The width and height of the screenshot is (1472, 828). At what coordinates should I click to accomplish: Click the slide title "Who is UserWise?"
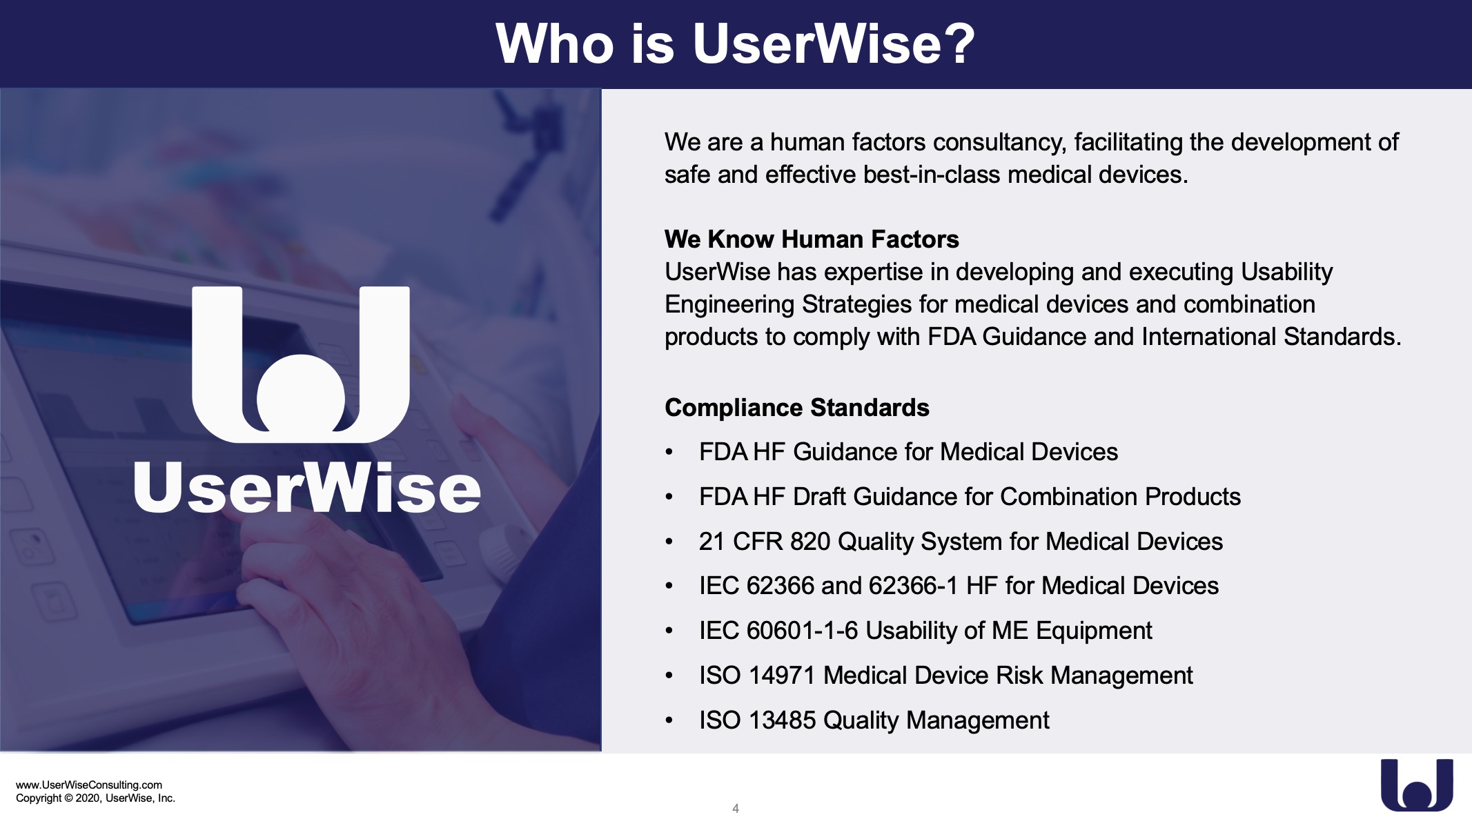(x=735, y=43)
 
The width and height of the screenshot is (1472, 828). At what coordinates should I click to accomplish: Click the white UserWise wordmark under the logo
(x=307, y=488)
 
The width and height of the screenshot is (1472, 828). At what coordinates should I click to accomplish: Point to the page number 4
(x=736, y=808)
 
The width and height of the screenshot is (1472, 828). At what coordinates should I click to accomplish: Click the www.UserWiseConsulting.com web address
(x=89, y=785)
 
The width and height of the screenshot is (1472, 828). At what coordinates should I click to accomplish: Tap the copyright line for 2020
(x=95, y=798)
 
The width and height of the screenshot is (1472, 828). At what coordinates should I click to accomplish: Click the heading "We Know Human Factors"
(x=812, y=239)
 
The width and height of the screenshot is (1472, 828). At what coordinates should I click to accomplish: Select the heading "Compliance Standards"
(x=797, y=408)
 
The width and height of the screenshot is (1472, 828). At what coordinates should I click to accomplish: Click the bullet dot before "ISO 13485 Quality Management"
(x=669, y=720)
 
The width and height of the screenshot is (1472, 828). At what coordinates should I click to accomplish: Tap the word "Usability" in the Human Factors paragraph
(x=1287, y=273)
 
